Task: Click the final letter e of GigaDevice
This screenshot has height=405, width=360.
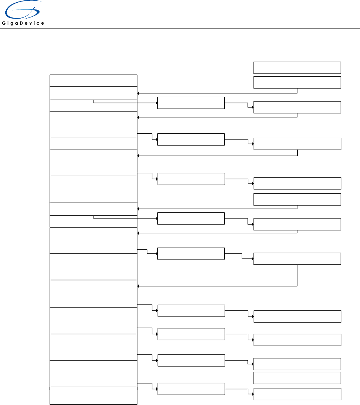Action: pyautogui.click(x=43, y=23)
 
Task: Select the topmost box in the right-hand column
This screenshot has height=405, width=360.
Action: pyautogui.click(x=297, y=68)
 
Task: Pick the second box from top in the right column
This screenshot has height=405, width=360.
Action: pyautogui.click(x=297, y=82)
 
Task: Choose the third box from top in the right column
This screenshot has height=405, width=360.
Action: pyautogui.click(x=297, y=108)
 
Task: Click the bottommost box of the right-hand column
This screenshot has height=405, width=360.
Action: pyautogui.click(x=297, y=394)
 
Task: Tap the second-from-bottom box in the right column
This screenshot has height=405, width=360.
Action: pyautogui.click(x=297, y=378)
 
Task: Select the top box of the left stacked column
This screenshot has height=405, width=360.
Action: pyautogui.click(x=93, y=81)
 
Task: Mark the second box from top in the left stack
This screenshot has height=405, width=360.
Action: pyautogui.click(x=93, y=93)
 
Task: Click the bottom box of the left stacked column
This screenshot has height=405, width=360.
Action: pyautogui.click(x=93, y=396)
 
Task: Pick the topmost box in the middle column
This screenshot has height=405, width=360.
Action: pyautogui.click(x=191, y=103)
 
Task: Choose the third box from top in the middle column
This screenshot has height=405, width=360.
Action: pyautogui.click(x=191, y=179)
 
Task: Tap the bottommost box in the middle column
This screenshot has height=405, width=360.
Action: pyautogui.click(x=191, y=389)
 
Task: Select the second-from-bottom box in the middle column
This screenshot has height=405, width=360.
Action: pyautogui.click(x=191, y=361)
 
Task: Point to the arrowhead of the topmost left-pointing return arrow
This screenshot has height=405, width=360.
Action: pyautogui.click(x=139, y=93)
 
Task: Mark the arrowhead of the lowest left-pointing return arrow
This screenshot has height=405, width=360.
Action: pyautogui.click(x=139, y=286)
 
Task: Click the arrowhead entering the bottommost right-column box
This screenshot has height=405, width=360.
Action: pyautogui.click(x=252, y=394)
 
